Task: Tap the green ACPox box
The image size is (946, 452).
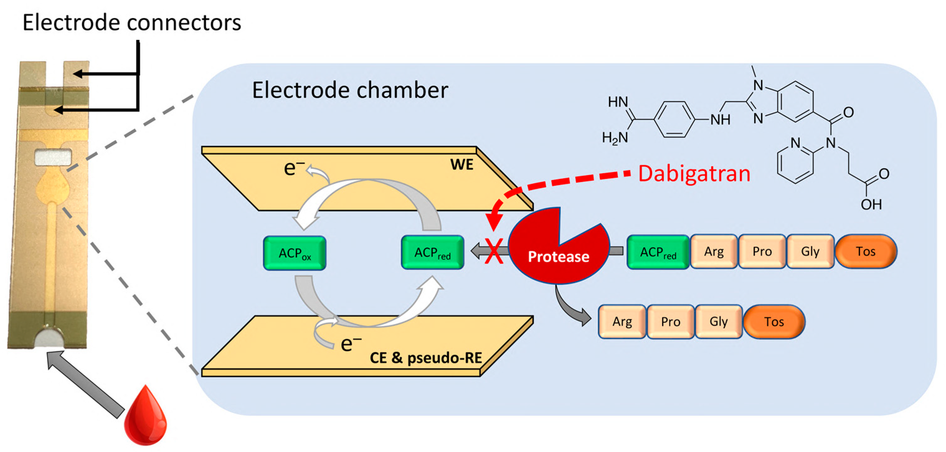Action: coord(295,253)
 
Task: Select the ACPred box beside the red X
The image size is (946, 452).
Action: coord(432,252)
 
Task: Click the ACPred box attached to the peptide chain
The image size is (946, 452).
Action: coord(658,252)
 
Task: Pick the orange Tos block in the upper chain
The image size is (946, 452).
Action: coord(866,252)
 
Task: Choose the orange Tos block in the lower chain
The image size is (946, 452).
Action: coord(774,322)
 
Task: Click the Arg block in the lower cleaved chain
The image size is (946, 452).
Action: coord(622,322)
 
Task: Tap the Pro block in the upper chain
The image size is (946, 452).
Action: coord(762,252)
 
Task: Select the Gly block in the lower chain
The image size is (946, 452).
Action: coord(718,322)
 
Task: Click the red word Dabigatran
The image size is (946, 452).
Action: coord(694,174)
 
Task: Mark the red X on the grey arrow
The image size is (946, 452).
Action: coord(493,251)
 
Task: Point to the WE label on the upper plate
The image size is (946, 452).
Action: coord(461,164)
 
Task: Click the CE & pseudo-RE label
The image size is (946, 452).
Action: coord(426,358)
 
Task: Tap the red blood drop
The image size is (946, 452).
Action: coord(145,417)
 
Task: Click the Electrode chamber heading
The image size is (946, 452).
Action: coord(350,90)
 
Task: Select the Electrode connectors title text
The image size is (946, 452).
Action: coord(131,23)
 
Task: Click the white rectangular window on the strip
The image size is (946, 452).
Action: coord(53,157)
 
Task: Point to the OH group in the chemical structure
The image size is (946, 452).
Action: coord(871,204)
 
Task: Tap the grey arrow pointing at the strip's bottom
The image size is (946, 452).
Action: coord(84,384)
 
